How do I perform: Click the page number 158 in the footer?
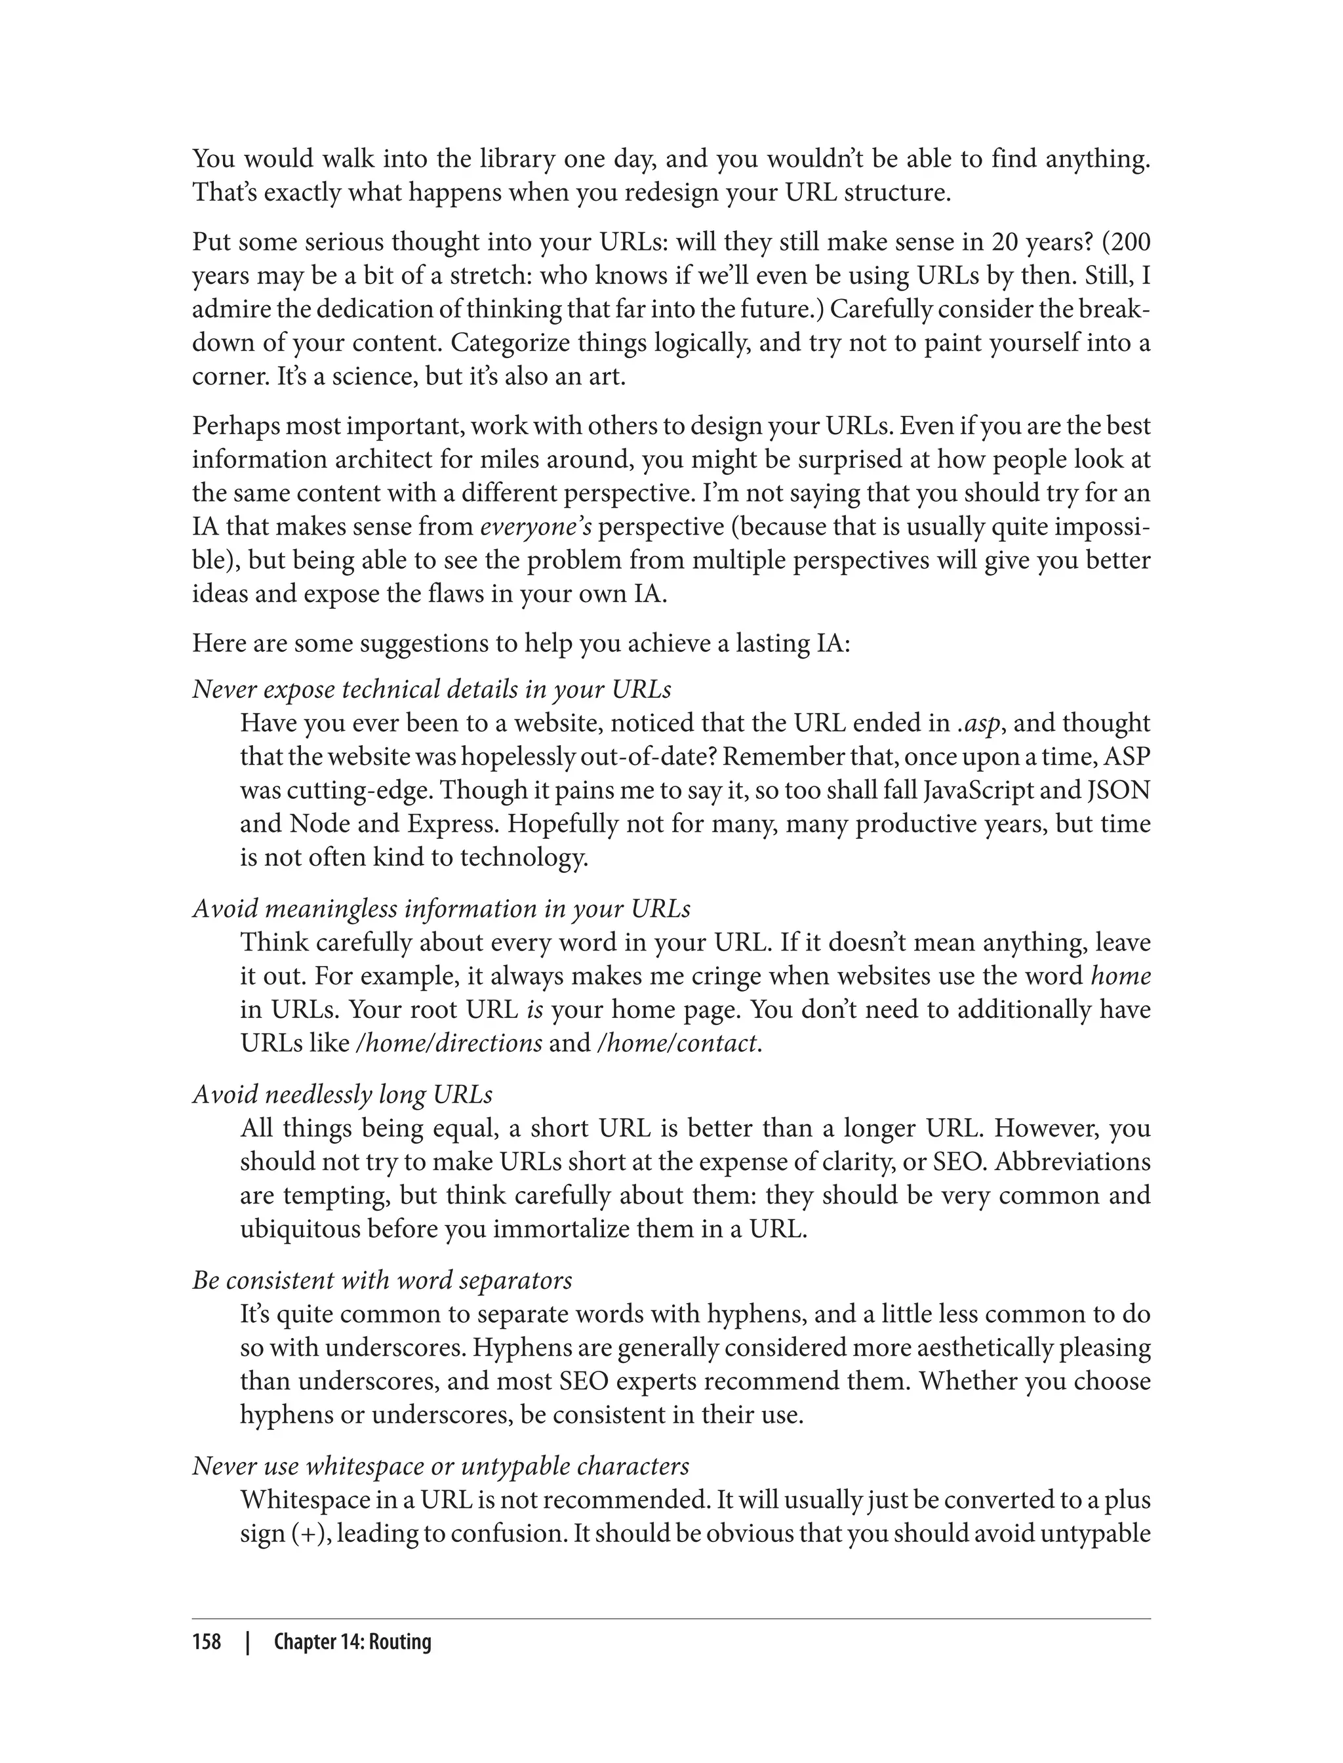(207, 1642)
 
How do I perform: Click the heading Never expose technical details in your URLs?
(431, 689)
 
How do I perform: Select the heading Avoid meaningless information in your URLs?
(441, 909)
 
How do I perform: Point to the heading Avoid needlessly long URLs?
(342, 1095)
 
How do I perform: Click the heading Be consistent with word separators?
(382, 1280)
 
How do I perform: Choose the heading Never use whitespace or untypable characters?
(441, 1466)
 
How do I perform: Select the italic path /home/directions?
(449, 1044)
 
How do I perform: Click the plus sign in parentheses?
(304, 1534)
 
